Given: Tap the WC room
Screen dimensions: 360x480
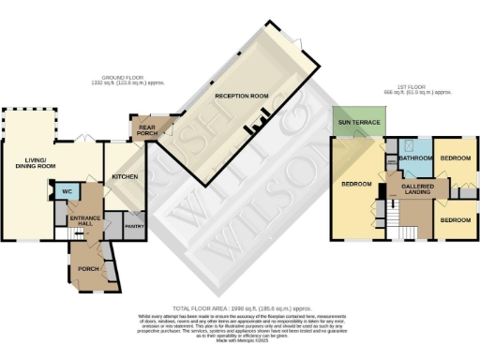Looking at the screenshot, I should [67, 192].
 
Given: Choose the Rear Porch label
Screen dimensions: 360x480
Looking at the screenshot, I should [147, 130].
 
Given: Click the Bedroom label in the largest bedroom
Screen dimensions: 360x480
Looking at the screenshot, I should [356, 184].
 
